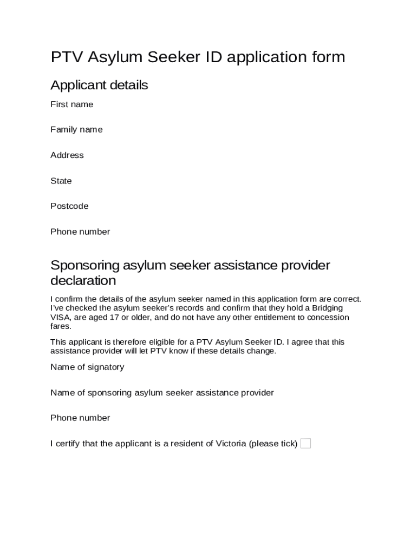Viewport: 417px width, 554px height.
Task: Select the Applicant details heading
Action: click(x=99, y=85)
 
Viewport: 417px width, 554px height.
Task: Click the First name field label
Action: click(x=71, y=104)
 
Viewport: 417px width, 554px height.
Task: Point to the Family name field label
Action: click(x=76, y=130)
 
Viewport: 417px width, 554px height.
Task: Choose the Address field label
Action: click(x=67, y=155)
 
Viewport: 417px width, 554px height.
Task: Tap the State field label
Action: click(x=61, y=181)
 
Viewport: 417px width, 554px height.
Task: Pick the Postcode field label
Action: click(x=69, y=206)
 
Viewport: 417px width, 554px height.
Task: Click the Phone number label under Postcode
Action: click(x=80, y=232)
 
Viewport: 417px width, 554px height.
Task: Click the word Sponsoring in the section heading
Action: click(x=85, y=266)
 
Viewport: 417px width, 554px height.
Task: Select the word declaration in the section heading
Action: click(x=83, y=281)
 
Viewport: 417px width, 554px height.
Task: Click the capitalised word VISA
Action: click(x=60, y=317)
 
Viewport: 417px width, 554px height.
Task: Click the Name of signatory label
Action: click(x=87, y=367)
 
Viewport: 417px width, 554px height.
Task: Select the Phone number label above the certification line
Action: click(x=80, y=418)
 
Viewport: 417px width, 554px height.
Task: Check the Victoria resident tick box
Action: click(x=305, y=444)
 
